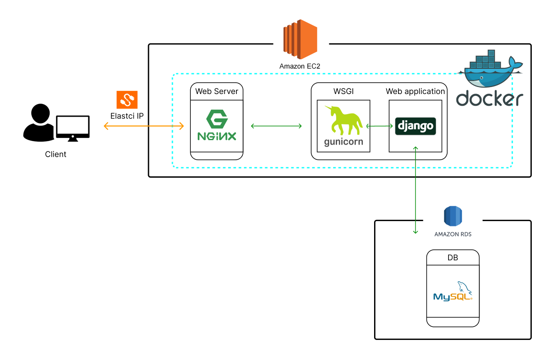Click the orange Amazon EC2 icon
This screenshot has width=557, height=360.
tap(300, 39)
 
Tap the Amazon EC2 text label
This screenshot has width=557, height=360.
tap(300, 67)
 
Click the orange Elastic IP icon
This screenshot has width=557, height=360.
tap(127, 100)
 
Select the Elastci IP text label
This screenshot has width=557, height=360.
tap(127, 116)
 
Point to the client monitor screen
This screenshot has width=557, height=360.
tap(73, 126)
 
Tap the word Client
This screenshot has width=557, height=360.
tap(56, 154)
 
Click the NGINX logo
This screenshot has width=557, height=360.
tap(216, 125)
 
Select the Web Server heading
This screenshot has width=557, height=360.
tap(216, 91)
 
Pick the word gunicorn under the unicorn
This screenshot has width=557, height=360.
tap(344, 142)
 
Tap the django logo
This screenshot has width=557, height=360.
tap(415, 126)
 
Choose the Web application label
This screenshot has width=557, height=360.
tap(415, 91)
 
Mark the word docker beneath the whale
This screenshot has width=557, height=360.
tap(489, 99)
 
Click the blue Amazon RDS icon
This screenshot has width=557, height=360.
tap(453, 216)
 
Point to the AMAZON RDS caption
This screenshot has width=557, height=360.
tap(453, 234)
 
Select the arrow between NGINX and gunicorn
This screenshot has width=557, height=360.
tap(277, 126)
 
